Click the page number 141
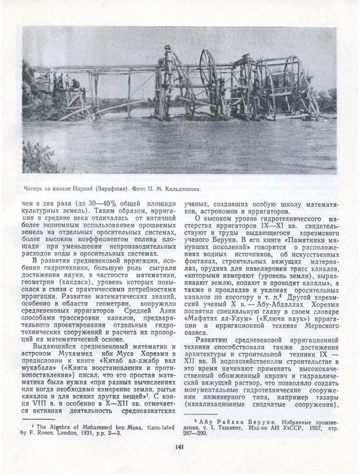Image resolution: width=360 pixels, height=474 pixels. tap(177, 448)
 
